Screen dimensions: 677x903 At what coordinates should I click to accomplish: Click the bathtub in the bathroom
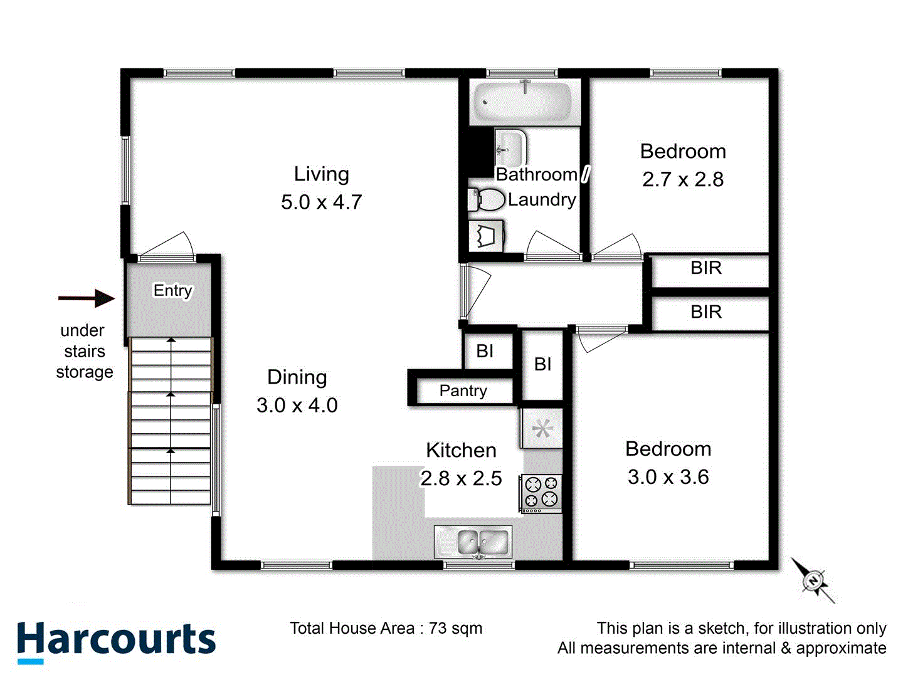coord(522,102)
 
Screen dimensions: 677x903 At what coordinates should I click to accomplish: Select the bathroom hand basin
coord(509,148)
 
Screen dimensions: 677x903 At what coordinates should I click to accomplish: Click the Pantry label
coord(463,391)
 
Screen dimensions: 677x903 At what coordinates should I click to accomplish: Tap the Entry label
coord(172,290)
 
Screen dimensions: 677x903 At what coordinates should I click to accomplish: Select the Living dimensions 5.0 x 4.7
coord(321,202)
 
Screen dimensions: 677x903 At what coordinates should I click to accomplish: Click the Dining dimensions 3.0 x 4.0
coord(297,406)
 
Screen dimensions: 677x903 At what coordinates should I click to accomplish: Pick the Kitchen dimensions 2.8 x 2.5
coord(461,479)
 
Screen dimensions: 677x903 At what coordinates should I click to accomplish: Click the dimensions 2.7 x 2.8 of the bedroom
coord(683,180)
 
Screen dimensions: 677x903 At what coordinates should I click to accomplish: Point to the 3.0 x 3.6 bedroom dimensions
coord(668,477)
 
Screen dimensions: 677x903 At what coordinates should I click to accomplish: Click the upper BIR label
coord(706,268)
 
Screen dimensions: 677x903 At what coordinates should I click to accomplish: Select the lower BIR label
coord(706,312)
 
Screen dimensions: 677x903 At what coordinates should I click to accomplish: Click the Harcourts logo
coord(116,641)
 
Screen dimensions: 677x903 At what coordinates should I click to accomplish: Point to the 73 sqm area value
coord(455,629)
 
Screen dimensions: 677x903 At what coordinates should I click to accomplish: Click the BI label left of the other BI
coord(485,351)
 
